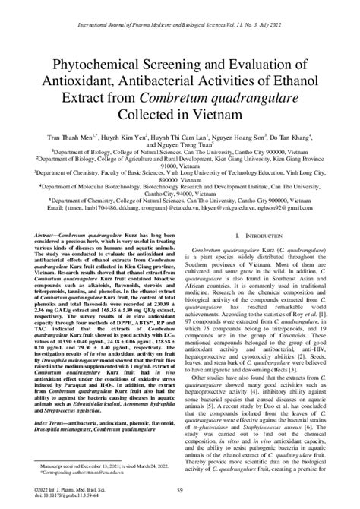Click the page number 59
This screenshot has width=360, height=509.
point(180,495)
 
